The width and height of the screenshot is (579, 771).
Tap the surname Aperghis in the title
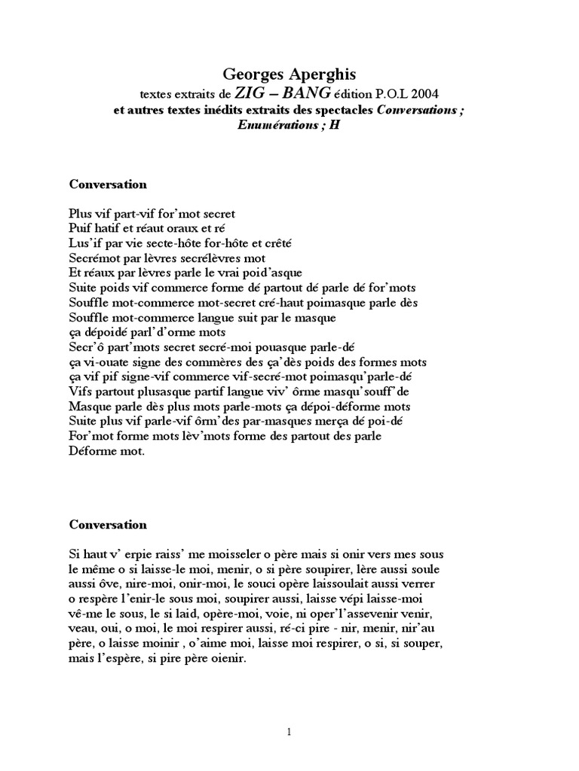[320, 74]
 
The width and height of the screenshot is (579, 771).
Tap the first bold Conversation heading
[108, 184]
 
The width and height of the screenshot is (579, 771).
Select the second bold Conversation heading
[108, 524]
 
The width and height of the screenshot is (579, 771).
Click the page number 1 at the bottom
[289, 730]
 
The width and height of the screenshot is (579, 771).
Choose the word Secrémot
[94, 258]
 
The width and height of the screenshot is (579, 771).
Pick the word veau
[82, 629]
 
